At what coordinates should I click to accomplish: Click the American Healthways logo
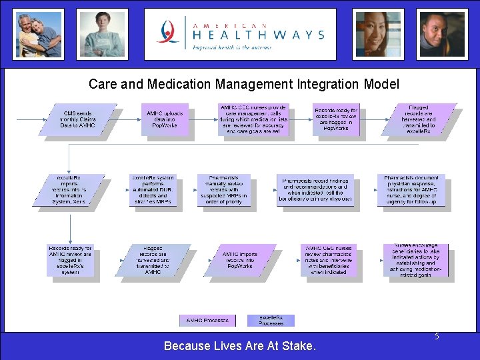pyautogui.click(x=241, y=34)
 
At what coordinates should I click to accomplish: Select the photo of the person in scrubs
pyautogui.click(x=102, y=34)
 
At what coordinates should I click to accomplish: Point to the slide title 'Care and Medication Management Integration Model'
pyautogui.click(x=244, y=84)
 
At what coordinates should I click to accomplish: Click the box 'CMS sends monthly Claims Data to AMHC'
pyautogui.click(x=78, y=120)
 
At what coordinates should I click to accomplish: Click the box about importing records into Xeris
pyautogui.click(x=69, y=190)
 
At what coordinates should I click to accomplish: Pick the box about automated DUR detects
pyautogui.click(x=154, y=190)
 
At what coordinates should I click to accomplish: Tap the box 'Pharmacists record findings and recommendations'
pyautogui.click(x=316, y=190)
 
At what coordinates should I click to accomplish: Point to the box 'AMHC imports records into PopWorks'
pyautogui.click(x=240, y=260)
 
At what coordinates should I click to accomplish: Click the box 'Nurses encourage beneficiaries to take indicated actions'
pyautogui.click(x=416, y=260)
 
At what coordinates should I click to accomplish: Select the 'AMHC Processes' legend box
pyautogui.click(x=207, y=321)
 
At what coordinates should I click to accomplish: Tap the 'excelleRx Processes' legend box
pyautogui.click(x=271, y=321)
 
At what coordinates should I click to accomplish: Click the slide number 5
pyautogui.click(x=437, y=337)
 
